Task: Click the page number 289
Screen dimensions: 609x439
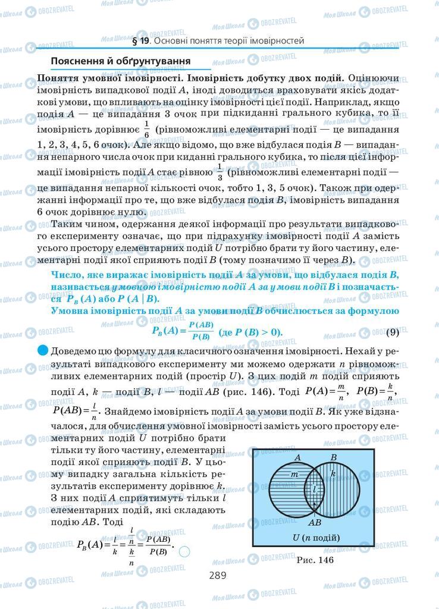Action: [x=219, y=575]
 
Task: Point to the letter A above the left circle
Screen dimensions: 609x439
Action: [x=296, y=457]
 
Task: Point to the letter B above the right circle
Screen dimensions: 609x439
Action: [x=334, y=457]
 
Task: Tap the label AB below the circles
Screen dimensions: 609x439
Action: [x=315, y=522]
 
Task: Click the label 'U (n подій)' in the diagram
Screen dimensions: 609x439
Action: [x=315, y=538]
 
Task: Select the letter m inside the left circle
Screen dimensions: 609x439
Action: [x=293, y=474]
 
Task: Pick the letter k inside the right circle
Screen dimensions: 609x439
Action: [x=333, y=473]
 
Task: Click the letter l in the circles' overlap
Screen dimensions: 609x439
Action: [x=314, y=489]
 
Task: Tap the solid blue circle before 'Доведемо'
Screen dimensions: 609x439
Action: [x=42, y=350]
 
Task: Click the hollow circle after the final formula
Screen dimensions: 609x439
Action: [x=184, y=551]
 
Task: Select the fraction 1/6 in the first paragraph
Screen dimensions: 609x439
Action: [x=146, y=129]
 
